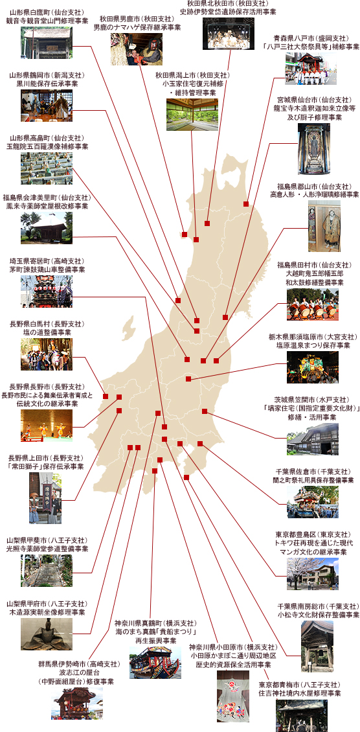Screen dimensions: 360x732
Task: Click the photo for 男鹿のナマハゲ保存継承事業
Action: [136, 49]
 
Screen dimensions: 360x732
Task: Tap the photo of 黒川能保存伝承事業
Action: [47, 106]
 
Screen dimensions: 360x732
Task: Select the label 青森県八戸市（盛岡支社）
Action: [309, 38]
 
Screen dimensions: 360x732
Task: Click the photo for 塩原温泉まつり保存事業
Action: [313, 367]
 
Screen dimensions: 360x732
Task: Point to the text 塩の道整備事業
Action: [47, 332]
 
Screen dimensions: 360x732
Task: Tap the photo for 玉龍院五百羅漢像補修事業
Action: [47, 168]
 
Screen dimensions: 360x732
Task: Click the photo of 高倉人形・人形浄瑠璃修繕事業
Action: [324, 226]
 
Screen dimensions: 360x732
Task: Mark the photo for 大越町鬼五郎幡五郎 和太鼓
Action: [313, 304]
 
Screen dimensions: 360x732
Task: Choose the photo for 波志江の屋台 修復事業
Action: [77, 703]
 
